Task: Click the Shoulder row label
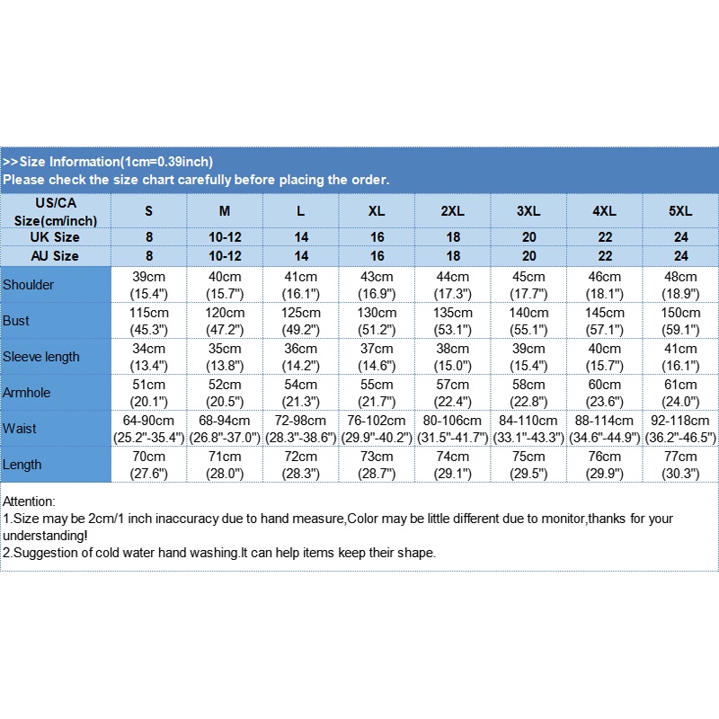coord(29,285)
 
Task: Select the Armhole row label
coord(27,393)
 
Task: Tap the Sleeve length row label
coord(41,357)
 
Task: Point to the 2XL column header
coord(452,211)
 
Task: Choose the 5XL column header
coord(680,211)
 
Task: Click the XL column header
coord(377,211)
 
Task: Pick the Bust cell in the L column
coord(301,321)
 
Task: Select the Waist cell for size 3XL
coord(528,429)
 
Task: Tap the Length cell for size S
coord(148,465)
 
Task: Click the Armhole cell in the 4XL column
coord(604,393)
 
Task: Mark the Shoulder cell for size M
coord(225,285)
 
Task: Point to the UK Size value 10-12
coord(225,237)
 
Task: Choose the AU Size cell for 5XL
coord(680,256)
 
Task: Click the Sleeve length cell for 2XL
coord(452,357)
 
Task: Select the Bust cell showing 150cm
coord(680,321)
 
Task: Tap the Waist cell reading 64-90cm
coord(148,429)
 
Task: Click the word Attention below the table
coord(29,501)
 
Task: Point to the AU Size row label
coord(55,256)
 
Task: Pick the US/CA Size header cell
coord(55,211)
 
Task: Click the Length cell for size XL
coord(377,465)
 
